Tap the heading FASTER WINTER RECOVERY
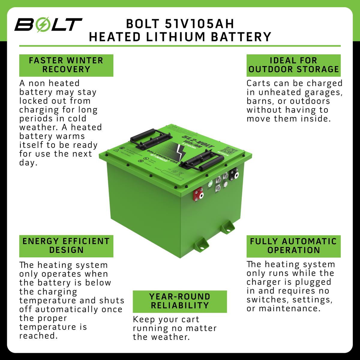coord(66,65)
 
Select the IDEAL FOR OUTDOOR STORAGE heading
coord(293,65)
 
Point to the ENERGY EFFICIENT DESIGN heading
coord(66,245)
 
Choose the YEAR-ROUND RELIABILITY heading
coord(179,301)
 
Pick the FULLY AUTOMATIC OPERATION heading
coord(293,246)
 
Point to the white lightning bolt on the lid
coord(182,153)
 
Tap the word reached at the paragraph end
coord(38,336)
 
